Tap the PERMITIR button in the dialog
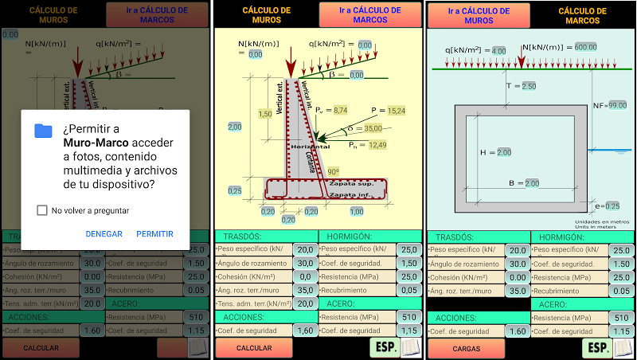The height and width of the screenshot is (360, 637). (x=154, y=234)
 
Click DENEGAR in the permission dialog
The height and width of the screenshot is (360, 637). (x=104, y=234)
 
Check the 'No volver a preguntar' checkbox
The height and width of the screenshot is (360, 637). (x=41, y=210)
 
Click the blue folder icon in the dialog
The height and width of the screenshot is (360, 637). (x=43, y=131)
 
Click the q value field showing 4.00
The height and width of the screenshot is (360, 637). (x=499, y=50)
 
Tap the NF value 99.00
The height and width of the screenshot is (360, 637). (x=617, y=104)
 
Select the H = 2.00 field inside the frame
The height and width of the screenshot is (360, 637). (x=504, y=152)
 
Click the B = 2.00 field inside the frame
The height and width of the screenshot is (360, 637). (x=531, y=183)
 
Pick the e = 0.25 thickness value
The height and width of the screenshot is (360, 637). (x=612, y=205)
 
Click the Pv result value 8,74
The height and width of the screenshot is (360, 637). (x=340, y=109)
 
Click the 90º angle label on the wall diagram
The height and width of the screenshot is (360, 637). (x=333, y=171)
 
